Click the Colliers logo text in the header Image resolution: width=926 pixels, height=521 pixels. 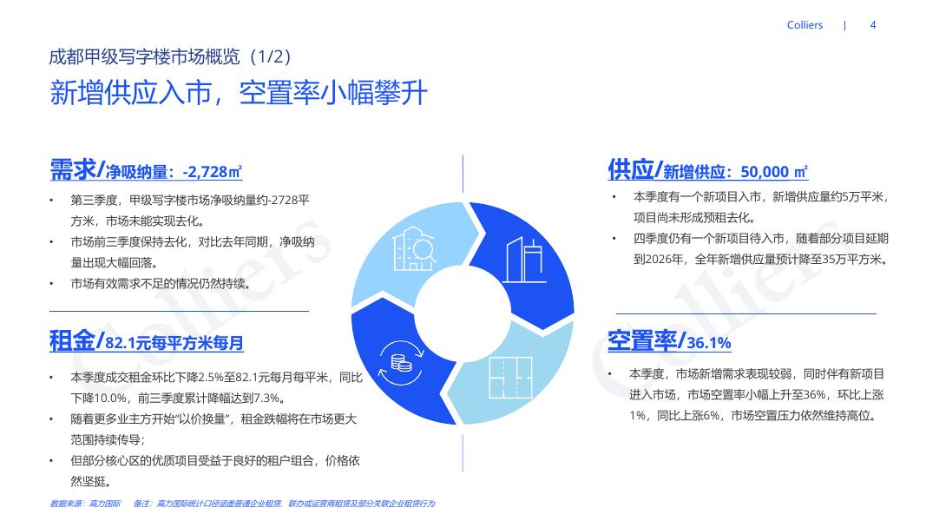(805, 25)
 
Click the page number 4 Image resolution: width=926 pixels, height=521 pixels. (873, 25)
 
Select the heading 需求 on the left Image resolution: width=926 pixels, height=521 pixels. (73, 169)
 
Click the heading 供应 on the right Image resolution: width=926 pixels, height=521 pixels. (631, 169)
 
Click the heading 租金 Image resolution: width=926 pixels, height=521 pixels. (73, 341)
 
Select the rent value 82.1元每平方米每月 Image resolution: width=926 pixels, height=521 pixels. (174, 344)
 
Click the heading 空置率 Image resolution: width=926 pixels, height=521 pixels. (642, 341)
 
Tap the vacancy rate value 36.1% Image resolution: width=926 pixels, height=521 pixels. (709, 344)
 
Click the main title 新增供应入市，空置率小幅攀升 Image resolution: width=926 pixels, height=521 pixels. (239, 93)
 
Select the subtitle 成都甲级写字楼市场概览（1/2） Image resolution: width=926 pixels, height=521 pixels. (169, 56)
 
